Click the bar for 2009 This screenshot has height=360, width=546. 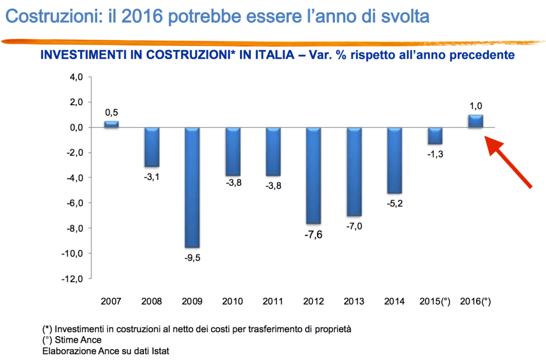[192, 187]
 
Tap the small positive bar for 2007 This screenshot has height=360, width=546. [111, 124]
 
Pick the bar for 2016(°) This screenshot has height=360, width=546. [475, 121]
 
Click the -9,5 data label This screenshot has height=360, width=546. [192, 258]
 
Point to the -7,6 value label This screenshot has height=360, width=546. [313, 234]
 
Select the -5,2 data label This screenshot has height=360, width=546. [394, 204]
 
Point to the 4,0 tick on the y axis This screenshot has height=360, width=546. [76, 77]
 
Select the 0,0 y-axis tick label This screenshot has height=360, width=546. [76, 128]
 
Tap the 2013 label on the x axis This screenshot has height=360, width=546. [354, 301]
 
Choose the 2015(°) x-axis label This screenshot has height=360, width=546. [435, 301]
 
